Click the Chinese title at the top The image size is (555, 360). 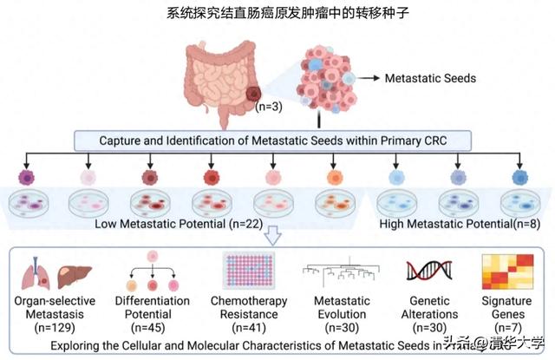pos(277,14)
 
